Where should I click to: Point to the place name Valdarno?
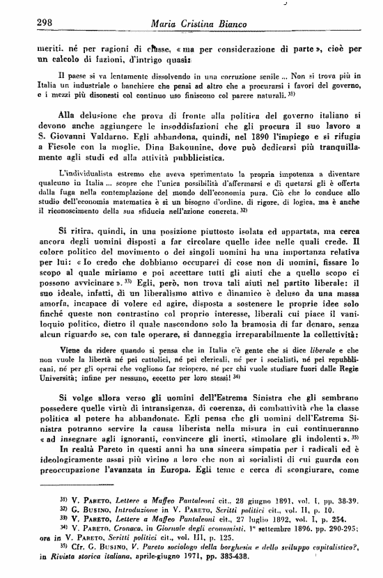(110, 146)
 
